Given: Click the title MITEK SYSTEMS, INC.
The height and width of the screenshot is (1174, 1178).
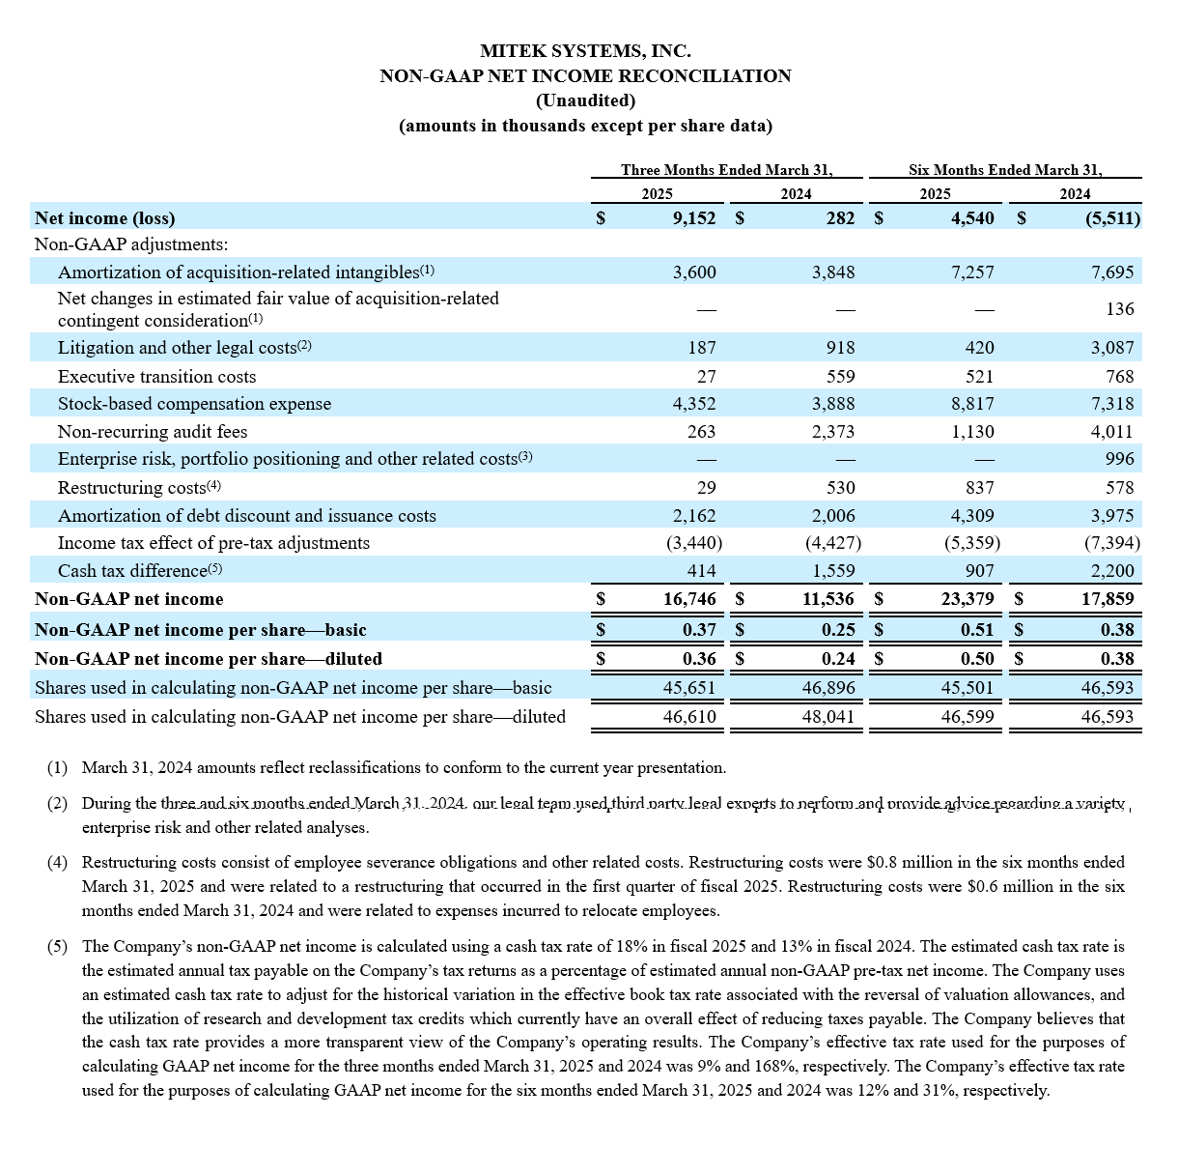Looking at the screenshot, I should [585, 51].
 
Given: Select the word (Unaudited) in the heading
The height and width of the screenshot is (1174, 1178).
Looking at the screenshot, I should [585, 100].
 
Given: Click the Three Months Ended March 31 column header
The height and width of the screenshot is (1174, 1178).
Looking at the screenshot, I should [726, 170].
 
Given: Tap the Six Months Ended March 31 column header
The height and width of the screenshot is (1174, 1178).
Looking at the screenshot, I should [1004, 170].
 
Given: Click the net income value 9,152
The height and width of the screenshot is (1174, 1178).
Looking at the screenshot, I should [694, 218].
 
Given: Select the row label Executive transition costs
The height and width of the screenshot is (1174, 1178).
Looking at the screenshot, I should [156, 377].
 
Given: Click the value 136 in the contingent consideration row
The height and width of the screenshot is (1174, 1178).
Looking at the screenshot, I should [1120, 309].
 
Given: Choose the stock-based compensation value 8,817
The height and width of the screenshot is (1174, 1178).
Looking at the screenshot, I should [972, 404].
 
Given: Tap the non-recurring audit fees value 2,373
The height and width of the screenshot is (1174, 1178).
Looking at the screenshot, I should [833, 432].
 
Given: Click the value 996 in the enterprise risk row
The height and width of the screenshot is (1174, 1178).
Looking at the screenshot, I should [1120, 459].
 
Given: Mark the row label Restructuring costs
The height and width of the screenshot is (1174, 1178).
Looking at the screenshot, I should [132, 488].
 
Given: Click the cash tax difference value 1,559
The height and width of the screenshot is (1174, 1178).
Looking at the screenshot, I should [833, 571].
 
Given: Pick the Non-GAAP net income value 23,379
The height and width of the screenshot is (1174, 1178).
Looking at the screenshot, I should [968, 599].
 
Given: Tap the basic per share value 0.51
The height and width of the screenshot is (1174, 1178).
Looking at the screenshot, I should [977, 630].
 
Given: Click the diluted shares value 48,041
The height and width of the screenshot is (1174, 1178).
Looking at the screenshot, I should [828, 717].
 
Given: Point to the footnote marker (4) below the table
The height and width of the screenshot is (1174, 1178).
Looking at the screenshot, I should [58, 862].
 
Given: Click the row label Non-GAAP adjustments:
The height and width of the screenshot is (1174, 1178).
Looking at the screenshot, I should [131, 245].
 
